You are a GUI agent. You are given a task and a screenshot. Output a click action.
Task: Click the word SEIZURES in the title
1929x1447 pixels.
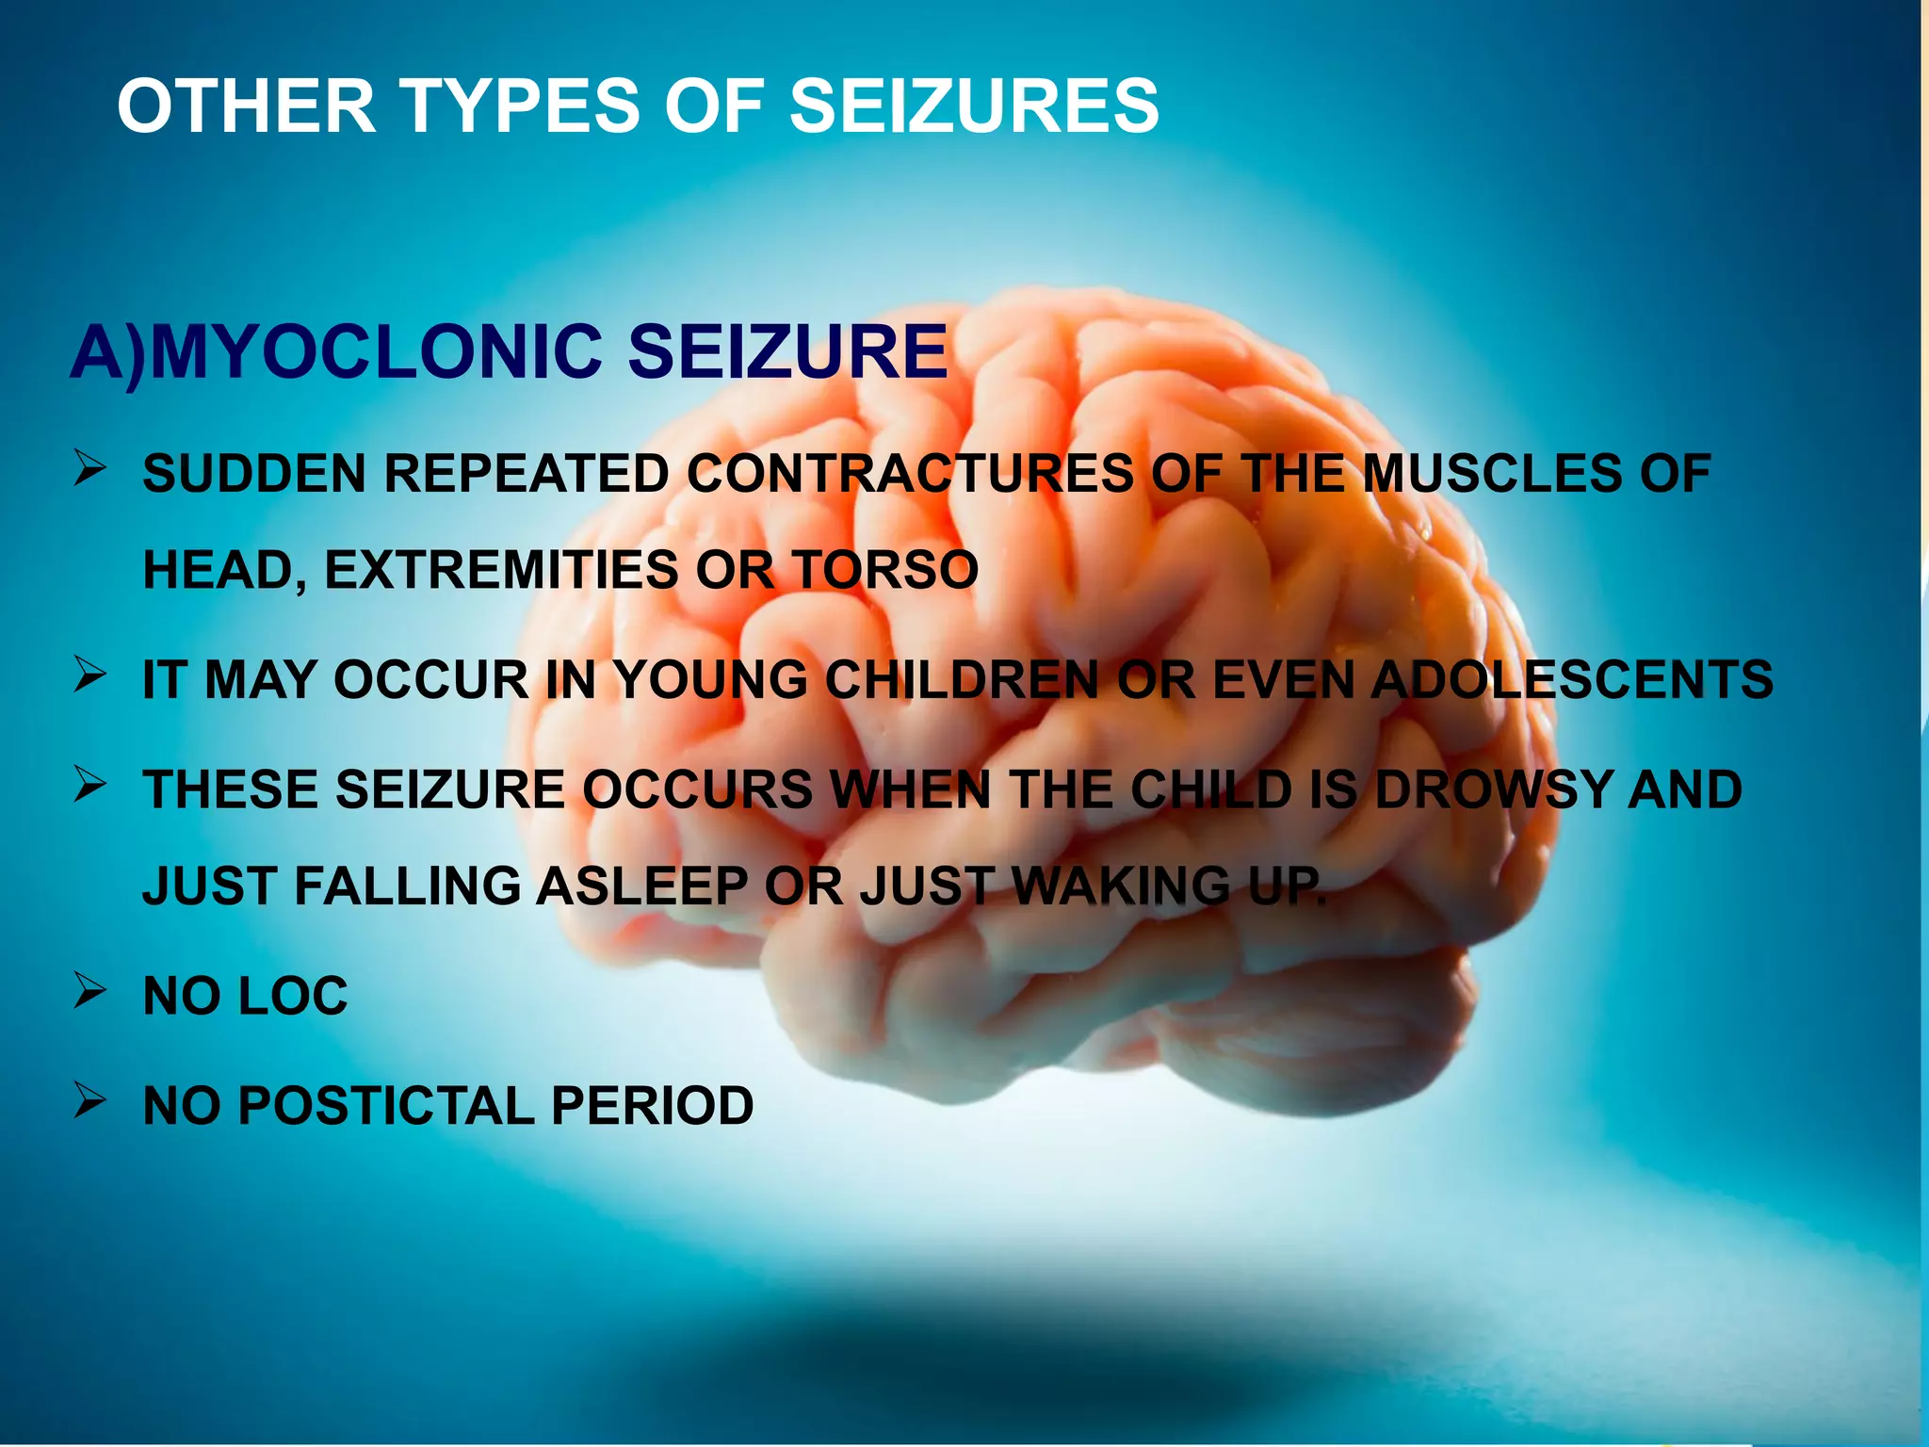974,106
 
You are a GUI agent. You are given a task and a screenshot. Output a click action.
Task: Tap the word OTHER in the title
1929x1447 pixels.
247,106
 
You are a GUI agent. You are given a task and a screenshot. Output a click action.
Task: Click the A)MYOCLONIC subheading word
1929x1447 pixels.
336,352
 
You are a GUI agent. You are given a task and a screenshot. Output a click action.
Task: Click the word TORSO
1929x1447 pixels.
884,570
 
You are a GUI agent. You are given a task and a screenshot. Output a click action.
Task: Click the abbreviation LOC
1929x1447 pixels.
293,996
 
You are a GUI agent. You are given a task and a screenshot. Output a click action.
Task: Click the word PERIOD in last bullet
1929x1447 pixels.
652,1105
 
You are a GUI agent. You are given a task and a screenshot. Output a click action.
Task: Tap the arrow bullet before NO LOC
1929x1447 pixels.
90,991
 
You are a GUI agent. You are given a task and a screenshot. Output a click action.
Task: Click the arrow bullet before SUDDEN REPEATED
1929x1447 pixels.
90,468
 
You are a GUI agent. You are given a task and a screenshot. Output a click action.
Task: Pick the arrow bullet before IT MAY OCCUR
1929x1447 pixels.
90,675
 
